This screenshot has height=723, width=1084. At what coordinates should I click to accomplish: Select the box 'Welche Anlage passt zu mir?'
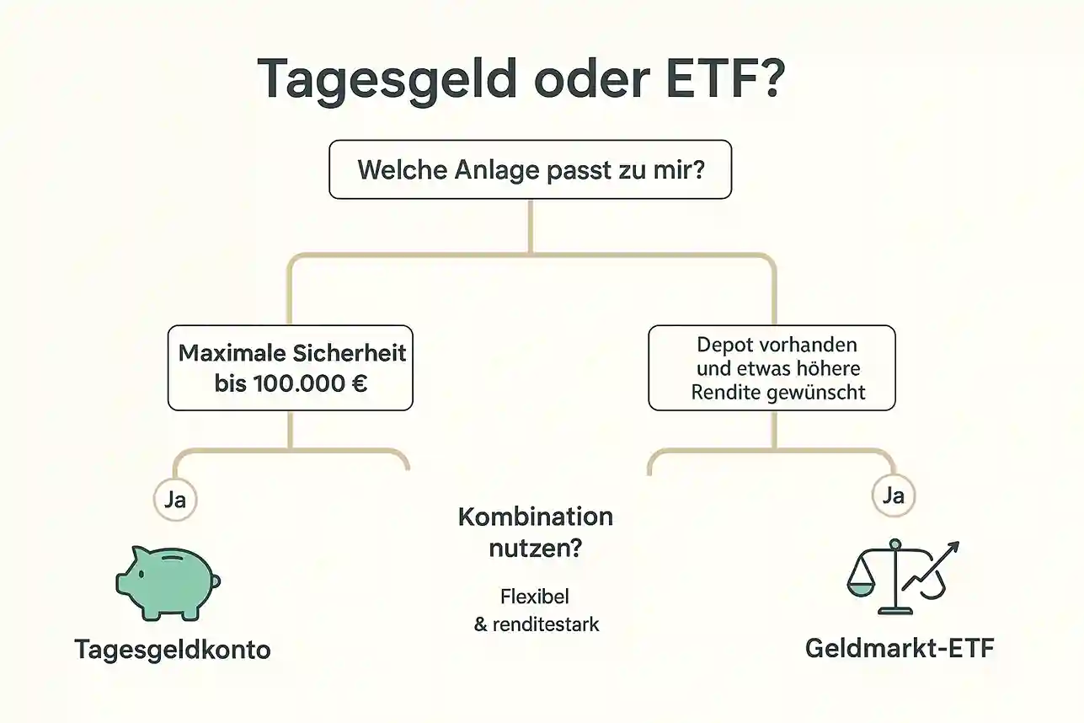click(531, 169)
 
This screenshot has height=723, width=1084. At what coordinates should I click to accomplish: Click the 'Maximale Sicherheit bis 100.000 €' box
click(291, 367)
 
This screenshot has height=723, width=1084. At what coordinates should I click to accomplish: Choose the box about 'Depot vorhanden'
click(772, 367)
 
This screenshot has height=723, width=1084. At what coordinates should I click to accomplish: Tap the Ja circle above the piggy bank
click(175, 499)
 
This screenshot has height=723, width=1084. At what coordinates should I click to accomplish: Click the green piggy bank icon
click(168, 582)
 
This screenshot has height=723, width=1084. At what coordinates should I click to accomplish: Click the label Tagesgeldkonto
click(173, 650)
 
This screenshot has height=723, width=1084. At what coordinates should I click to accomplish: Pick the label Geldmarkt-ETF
click(900, 648)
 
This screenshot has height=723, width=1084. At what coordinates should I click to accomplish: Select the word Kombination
click(536, 517)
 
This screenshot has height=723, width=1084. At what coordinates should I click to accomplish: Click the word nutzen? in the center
click(536, 549)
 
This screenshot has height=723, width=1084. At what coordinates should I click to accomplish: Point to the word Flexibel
click(535, 597)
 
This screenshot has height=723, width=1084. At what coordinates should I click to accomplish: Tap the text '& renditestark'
click(537, 624)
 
